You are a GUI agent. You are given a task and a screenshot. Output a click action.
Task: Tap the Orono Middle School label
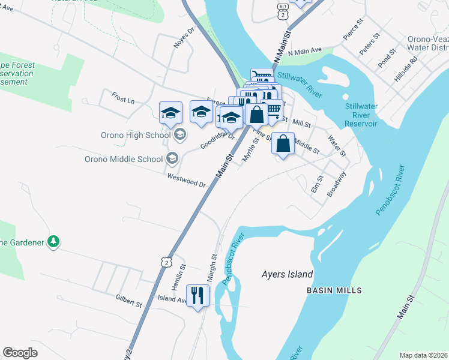tap(124, 159)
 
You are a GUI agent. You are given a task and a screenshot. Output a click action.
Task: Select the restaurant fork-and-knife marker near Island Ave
tap(197, 295)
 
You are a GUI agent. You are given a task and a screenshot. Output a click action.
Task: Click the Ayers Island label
tap(287, 275)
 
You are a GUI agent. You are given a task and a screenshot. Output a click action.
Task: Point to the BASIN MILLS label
tap(334, 290)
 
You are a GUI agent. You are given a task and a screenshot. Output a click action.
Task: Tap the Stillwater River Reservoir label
tap(361, 115)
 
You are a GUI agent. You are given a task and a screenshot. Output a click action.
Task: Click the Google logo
tap(20, 353)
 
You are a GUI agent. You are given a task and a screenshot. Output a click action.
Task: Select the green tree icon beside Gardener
tap(54, 241)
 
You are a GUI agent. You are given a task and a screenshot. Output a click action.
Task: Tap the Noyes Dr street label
tap(184, 34)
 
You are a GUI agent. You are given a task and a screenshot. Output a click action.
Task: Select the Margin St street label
tap(213, 265)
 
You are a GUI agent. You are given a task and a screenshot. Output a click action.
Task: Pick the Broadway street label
tap(336, 185)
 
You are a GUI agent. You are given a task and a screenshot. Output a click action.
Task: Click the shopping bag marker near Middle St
tap(283, 144)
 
